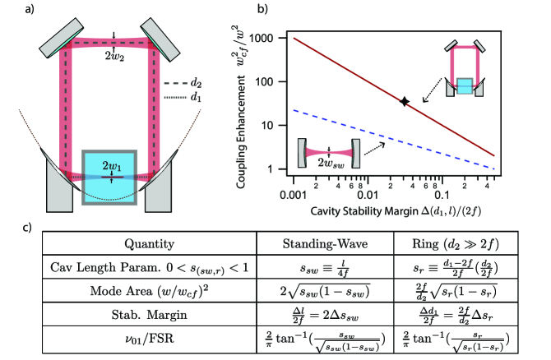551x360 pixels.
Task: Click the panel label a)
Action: tap(7, 10)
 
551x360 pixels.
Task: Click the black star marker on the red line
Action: tap(404, 101)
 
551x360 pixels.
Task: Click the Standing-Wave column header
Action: tap(317, 242)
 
